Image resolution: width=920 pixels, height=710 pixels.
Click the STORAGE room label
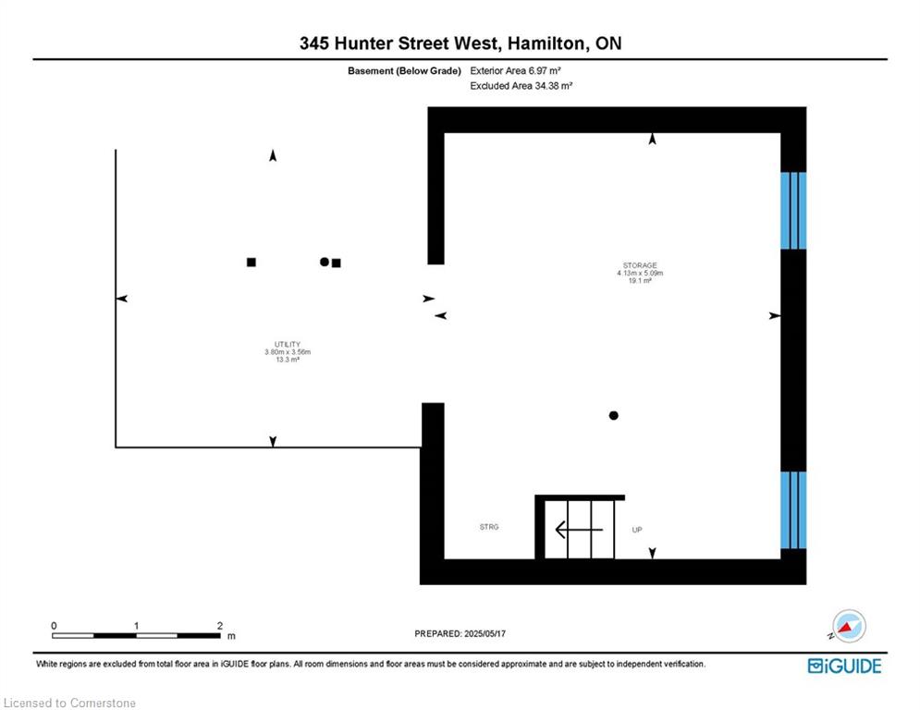pyautogui.click(x=640, y=266)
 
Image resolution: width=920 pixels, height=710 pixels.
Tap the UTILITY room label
pyautogui.click(x=288, y=345)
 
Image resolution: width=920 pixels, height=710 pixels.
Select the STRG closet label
pyautogui.click(x=489, y=527)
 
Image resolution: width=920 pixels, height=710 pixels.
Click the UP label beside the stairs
pyautogui.click(x=637, y=530)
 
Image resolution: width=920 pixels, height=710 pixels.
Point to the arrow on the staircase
pyautogui.click(x=579, y=530)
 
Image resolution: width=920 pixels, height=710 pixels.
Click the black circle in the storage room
pyautogui.click(x=614, y=415)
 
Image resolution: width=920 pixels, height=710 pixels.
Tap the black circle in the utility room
pyautogui.click(x=325, y=262)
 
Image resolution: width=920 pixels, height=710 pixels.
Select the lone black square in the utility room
pyautogui.click(x=251, y=263)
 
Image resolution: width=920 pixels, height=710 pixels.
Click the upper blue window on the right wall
pyautogui.click(x=793, y=211)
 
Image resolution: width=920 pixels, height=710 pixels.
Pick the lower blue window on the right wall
pyautogui.click(x=793, y=510)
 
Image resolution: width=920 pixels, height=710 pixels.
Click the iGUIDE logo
pyautogui.click(x=844, y=666)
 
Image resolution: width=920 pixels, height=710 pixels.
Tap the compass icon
pyautogui.click(x=848, y=626)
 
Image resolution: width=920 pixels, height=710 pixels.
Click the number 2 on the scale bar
pyautogui.click(x=219, y=626)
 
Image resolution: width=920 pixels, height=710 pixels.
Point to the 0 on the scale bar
pyautogui.click(x=54, y=626)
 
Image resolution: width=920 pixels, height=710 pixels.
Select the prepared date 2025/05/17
pyautogui.click(x=485, y=633)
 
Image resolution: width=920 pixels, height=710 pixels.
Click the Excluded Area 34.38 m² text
pyautogui.click(x=521, y=86)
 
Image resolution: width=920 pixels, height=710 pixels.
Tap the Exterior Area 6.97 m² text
pyautogui.click(x=515, y=70)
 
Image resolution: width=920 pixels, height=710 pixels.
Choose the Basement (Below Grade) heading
pyautogui.click(x=404, y=71)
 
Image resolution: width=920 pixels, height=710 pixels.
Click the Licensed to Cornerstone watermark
pyautogui.click(x=69, y=703)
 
